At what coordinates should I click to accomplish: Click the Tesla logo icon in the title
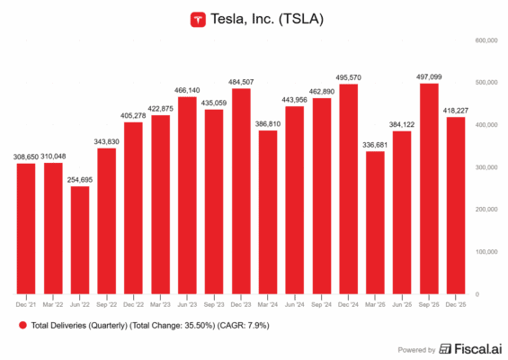click(196, 18)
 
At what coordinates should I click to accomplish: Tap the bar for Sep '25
click(430, 189)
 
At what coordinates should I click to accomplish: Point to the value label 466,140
click(187, 91)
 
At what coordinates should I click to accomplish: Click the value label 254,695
click(80, 179)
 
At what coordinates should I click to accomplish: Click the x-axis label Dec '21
click(26, 303)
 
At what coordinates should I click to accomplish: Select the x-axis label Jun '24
click(295, 303)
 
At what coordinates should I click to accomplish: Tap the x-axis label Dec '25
click(457, 303)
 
